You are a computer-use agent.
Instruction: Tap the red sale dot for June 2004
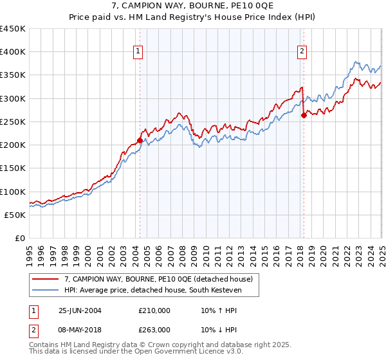tap(140, 140)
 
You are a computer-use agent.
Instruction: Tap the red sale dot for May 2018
tap(304, 116)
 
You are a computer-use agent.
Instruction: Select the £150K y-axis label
tap(13, 168)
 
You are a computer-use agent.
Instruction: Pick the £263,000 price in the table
tap(154, 330)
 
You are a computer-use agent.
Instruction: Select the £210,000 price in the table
tap(154, 310)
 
